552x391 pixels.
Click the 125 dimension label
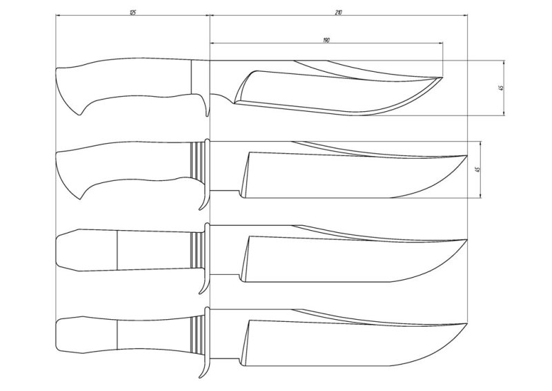pyautogui.click(x=131, y=11)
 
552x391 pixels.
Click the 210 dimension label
pyautogui.click(x=337, y=11)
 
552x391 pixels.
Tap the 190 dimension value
pyautogui.click(x=325, y=41)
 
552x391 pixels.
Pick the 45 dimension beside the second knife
pyautogui.click(x=477, y=169)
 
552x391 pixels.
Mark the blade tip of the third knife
pyautogui.click(x=467, y=240)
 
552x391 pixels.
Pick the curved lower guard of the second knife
pyautogui.click(x=204, y=199)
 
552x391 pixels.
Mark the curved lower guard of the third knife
pyautogui.click(x=204, y=283)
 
